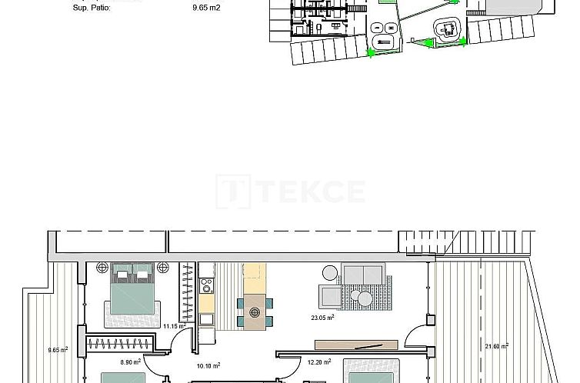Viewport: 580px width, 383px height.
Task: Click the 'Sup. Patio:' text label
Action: [x=92, y=8]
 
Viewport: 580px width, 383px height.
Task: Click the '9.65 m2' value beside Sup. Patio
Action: [x=206, y=8]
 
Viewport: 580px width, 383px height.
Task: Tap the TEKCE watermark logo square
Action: [x=233, y=191]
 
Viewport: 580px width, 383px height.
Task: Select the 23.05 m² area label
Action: [x=322, y=317]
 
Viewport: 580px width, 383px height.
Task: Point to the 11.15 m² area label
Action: [x=175, y=326]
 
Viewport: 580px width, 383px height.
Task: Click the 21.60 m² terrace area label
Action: [x=496, y=346]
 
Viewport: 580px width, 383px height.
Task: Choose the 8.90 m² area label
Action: [x=131, y=362]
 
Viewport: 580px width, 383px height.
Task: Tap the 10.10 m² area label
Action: [x=208, y=366]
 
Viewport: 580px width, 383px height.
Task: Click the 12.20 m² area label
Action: [x=319, y=362]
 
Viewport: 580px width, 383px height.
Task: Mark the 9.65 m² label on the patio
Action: [x=58, y=349]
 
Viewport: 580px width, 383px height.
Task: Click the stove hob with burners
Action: [x=206, y=286]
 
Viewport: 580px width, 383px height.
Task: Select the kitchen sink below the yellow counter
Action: [x=206, y=318]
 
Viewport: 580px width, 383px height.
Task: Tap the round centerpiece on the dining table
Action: [x=255, y=312]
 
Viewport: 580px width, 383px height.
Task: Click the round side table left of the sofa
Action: [x=330, y=273]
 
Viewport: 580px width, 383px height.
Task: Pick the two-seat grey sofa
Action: [x=363, y=275]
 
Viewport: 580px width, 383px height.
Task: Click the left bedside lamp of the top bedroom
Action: [x=102, y=268]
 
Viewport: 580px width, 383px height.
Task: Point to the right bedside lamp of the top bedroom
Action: [x=163, y=268]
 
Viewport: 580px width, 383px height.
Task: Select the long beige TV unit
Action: [x=357, y=345]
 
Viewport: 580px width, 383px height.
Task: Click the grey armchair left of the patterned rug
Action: [x=330, y=297]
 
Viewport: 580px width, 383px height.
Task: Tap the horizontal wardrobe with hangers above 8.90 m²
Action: [x=119, y=344]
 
